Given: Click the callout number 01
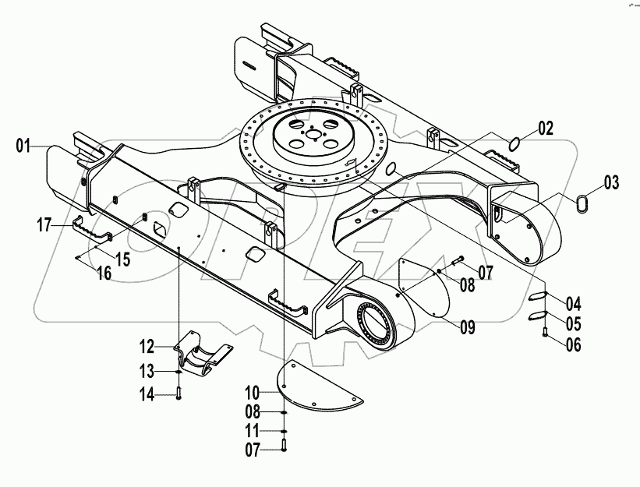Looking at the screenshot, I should coord(22,145).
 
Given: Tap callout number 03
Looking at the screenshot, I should coord(611,185).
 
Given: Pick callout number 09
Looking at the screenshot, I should coord(467,328).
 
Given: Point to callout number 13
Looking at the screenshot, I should coord(148,370).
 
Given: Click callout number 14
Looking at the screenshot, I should coord(148,395).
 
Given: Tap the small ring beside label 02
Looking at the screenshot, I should coord(513,143).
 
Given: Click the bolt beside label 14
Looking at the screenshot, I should coord(179,393).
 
